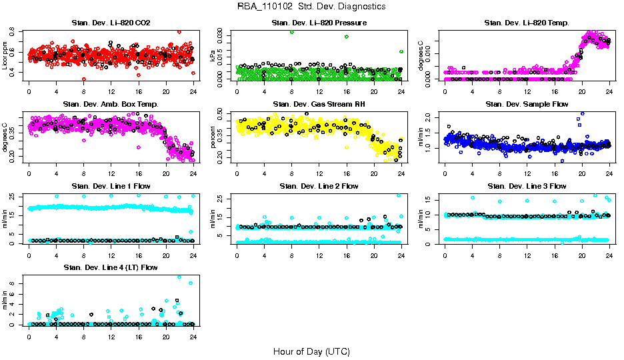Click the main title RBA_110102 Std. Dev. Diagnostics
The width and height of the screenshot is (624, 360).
pos(311,7)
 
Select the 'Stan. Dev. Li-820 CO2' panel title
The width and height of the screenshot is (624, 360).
pos(111,23)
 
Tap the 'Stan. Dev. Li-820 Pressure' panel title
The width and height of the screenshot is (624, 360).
pos(319,23)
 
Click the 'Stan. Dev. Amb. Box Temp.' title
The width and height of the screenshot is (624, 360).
pos(111,105)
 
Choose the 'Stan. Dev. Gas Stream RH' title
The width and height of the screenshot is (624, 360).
pos(319,105)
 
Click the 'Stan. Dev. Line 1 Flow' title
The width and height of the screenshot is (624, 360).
pos(111,186)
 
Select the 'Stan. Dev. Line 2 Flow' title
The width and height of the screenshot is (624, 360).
pos(319,186)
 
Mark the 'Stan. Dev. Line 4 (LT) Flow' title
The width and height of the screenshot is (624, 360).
pos(111,267)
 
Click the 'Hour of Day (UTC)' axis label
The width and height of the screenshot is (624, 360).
pos(311,351)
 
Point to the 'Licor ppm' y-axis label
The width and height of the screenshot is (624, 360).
pos(6,55)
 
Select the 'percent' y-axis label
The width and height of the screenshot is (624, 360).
pos(214,137)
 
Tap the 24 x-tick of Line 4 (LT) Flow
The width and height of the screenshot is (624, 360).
pos(193,335)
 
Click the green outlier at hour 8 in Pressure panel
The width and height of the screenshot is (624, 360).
pos(292,32)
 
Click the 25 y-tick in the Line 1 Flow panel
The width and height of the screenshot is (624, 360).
pos(15,197)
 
